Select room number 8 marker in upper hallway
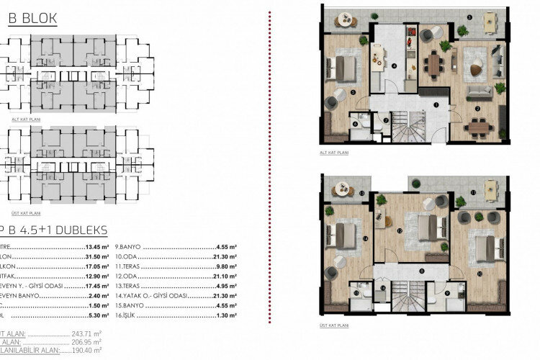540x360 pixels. tap(421, 271)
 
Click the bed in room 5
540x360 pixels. tap(343, 69)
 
